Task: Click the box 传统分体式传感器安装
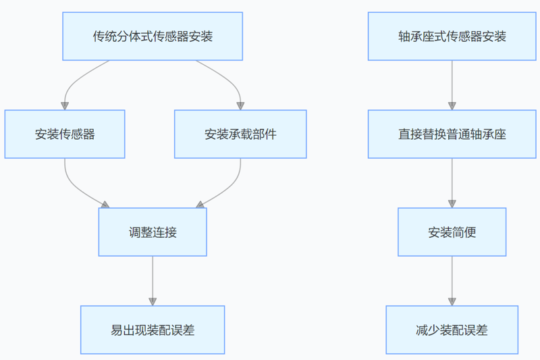(153, 36)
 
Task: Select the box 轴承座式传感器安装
(452, 36)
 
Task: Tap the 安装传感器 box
(65, 134)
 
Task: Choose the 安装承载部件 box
(240, 134)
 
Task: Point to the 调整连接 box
(153, 232)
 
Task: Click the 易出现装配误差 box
(153, 330)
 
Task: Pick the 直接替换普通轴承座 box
(452, 134)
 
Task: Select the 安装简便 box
(452, 232)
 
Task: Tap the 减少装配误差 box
(452, 330)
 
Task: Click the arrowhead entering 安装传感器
(65, 105)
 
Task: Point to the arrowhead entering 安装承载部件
(240, 105)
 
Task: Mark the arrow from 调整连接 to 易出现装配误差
(153, 280)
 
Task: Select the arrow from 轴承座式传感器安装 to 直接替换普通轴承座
(452, 84)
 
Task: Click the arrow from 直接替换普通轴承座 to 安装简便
(452, 182)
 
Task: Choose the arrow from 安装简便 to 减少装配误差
(452, 280)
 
